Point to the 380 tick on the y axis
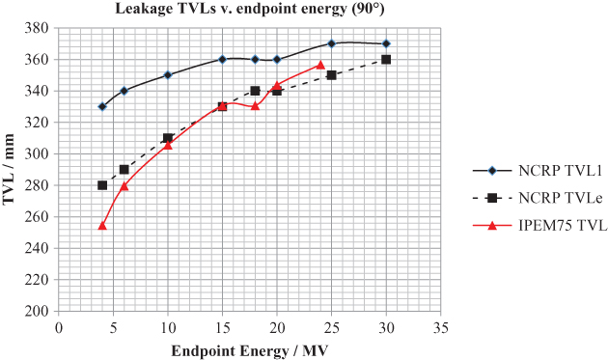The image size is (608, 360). click(40, 28)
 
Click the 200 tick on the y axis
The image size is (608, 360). click(40, 311)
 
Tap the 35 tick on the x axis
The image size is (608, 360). click(440, 325)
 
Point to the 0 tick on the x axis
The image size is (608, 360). click(59, 325)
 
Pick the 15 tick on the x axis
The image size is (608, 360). click(222, 325)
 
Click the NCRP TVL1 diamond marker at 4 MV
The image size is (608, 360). click(102, 106)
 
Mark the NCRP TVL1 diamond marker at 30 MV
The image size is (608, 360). click(386, 43)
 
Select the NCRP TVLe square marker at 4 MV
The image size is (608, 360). click(102, 184)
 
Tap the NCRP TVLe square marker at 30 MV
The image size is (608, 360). click(386, 59)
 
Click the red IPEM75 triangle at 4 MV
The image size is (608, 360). click(102, 225)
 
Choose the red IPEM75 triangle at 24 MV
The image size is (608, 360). click(320, 65)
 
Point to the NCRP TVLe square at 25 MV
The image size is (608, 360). click(331, 74)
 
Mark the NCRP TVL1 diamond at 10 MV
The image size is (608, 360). click(168, 74)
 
